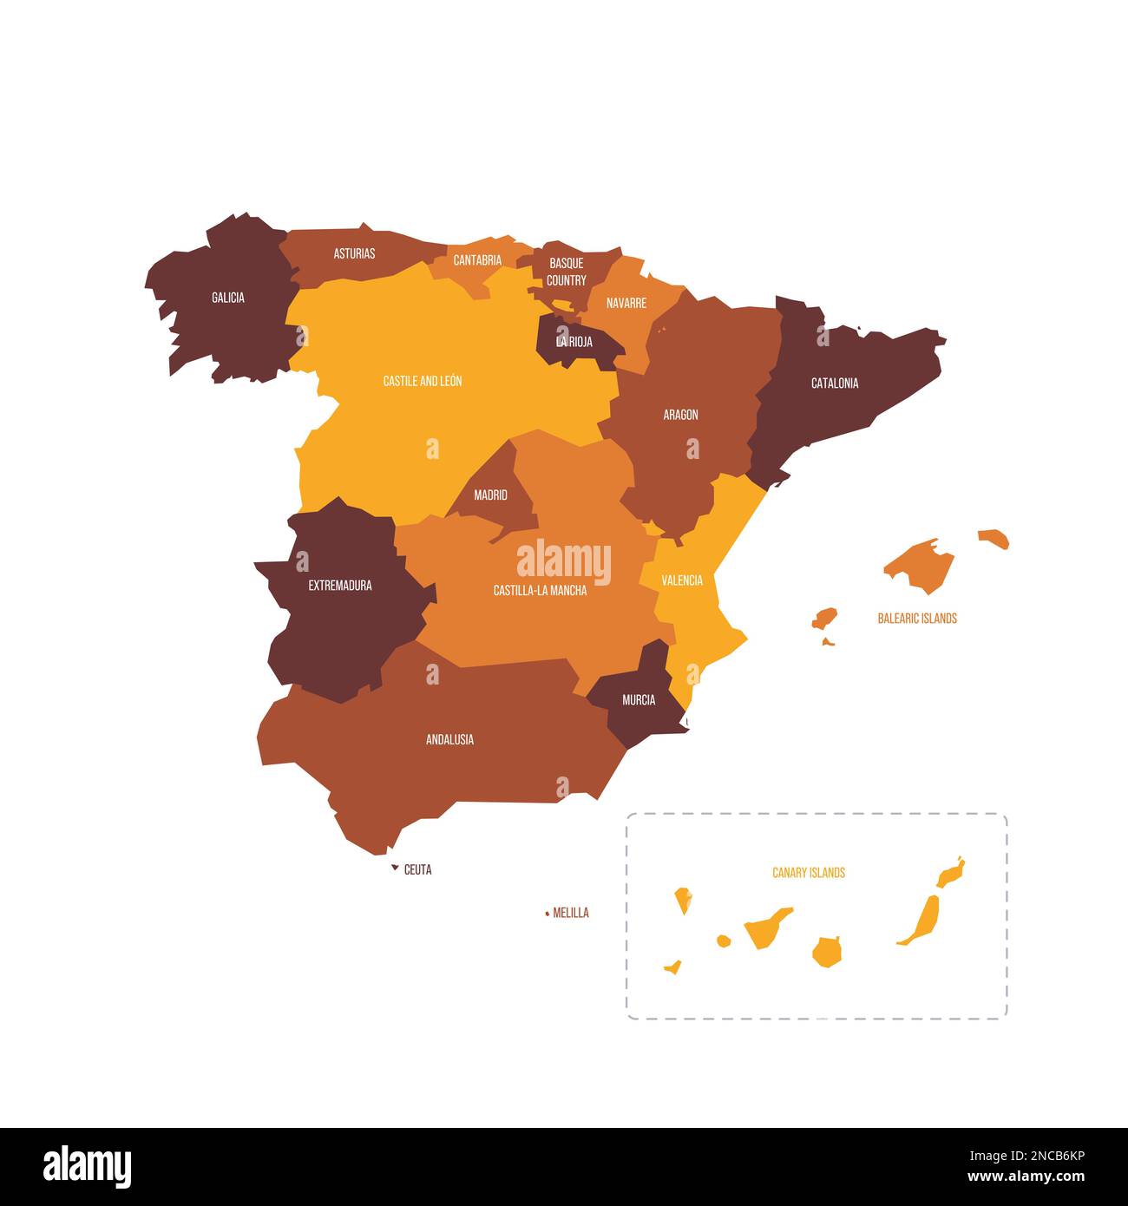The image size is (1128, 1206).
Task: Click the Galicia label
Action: point(228,298)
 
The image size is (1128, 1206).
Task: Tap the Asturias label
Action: point(354,253)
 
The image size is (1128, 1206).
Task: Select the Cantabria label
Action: point(477,260)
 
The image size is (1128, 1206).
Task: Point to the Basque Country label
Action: point(566,272)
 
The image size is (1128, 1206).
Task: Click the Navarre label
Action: point(626,303)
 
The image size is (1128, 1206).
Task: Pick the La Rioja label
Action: point(574,342)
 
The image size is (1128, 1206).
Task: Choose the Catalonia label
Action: point(835,383)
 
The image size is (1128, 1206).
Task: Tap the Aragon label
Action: point(680,415)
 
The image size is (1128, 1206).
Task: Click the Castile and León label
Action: point(423,381)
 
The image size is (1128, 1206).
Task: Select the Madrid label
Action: point(490,495)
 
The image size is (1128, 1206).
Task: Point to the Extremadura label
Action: point(340,586)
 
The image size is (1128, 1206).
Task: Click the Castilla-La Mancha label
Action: point(540,591)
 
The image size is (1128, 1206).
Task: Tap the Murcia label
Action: point(639,700)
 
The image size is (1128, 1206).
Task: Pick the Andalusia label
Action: point(449,740)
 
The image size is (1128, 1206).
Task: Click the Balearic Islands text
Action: point(917,619)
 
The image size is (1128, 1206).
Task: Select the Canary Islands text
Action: point(809,873)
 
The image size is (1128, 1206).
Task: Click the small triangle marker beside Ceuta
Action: point(395,868)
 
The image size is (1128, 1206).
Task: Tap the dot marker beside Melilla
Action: point(547,913)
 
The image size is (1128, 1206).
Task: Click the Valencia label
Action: point(682,580)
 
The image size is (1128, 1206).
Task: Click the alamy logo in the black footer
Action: point(87,1167)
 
